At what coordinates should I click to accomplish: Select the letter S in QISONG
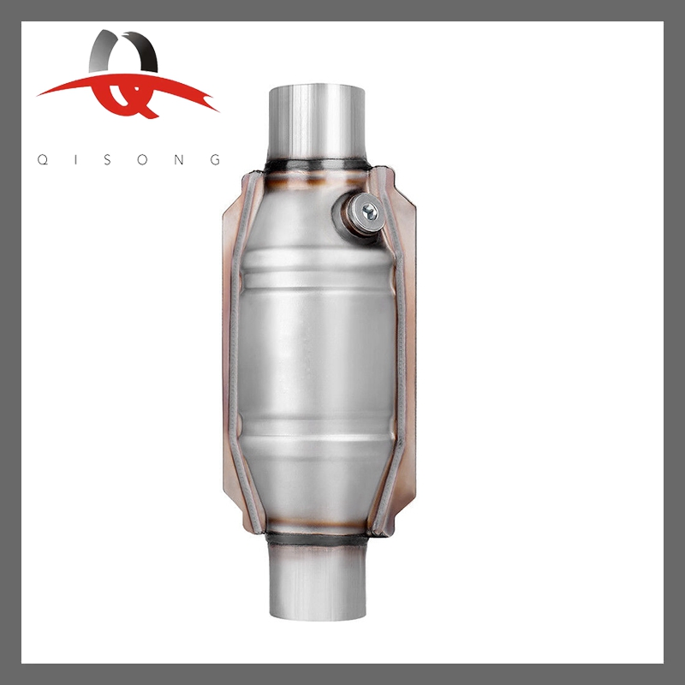pyautogui.click(x=110, y=159)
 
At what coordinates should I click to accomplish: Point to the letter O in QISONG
pyautogui.click(x=146, y=159)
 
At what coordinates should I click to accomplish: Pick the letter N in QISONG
pyautogui.click(x=181, y=159)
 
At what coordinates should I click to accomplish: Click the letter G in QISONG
pyautogui.click(x=216, y=159)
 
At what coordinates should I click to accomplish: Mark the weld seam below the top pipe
pyautogui.click(x=316, y=165)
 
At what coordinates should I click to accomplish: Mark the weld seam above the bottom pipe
pyautogui.click(x=316, y=539)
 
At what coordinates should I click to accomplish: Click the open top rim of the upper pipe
pyautogui.click(x=316, y=88)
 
